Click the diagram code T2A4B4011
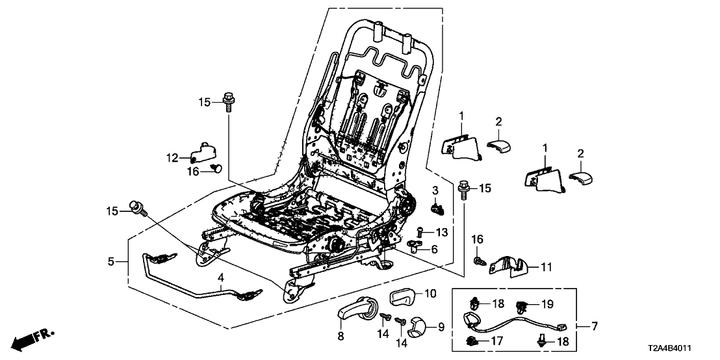coord(683,349)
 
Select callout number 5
coord(111,262)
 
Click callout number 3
coord(435,189)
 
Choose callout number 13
coord(442,232)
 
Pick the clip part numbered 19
coord(522,304)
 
